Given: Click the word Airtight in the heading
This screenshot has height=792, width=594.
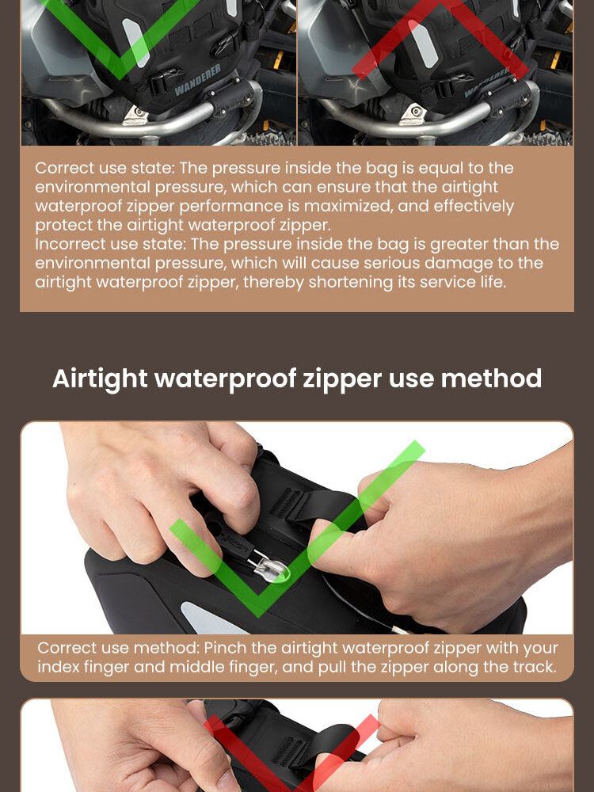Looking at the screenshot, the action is (100, 379).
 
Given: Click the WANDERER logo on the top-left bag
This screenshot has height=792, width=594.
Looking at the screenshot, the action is (197, 80).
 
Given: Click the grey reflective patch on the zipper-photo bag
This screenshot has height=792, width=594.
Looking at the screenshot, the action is (207, 619).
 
